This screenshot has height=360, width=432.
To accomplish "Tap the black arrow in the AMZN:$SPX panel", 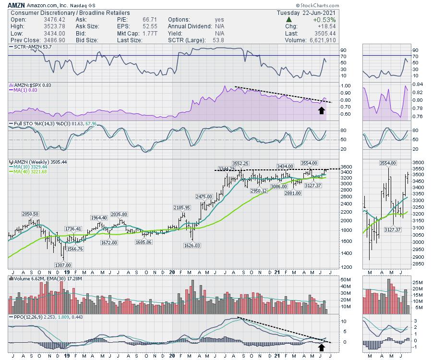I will click(x=321, y=110).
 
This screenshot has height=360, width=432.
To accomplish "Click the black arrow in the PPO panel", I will click(x=321, y=346).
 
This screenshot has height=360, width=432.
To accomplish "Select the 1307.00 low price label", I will click(x=63, y=264).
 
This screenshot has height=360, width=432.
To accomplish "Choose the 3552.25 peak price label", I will click(x=240, y=163).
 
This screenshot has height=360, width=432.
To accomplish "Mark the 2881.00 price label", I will click(x=292, y=193).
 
